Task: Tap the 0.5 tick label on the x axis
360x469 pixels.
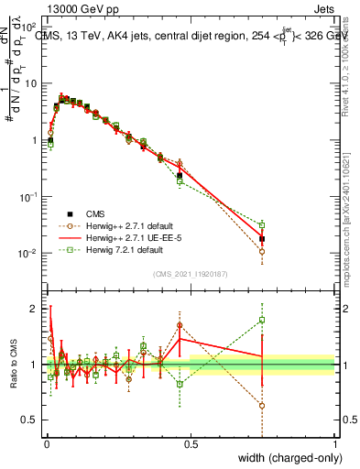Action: coord(191,444)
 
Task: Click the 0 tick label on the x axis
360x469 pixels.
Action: coord(46,444)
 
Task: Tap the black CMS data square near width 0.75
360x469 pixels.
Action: coord(262,239)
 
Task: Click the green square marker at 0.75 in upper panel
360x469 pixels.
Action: coord(262,224)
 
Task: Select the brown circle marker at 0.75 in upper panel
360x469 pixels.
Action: coord(262,251)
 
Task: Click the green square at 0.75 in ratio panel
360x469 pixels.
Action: coord(262,320)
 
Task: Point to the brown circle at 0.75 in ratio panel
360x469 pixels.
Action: coord(262,406)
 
